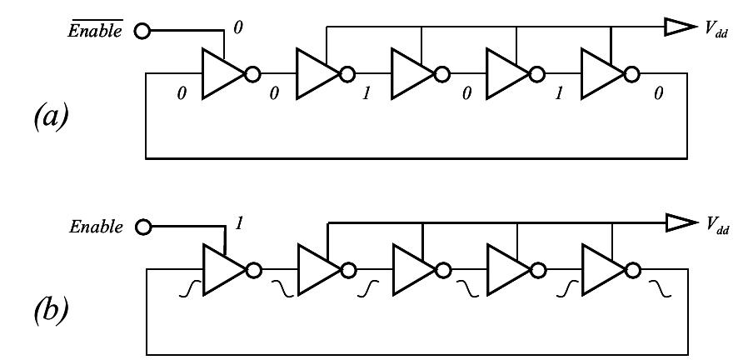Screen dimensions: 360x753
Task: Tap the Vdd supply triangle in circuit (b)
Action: click(676, 223)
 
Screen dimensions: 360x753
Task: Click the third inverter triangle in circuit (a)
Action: click(409, 75)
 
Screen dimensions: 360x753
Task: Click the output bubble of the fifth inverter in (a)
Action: click(632, 75)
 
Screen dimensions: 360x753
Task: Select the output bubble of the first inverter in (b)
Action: click(252, 269)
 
